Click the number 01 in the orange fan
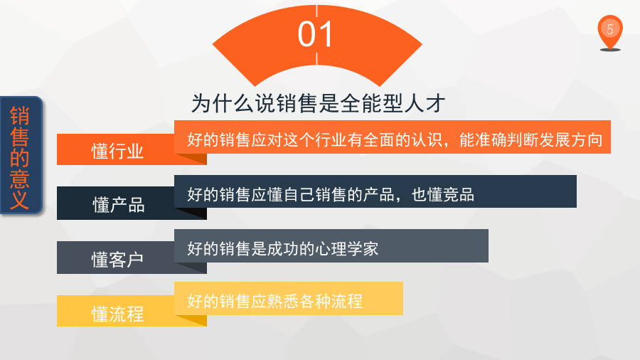pyautogui.click(x=315, y=34)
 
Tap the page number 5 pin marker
pyautogui.click(x=610, y=33)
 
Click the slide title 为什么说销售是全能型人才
pyautogui.click(x=318, y=103)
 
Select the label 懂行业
pyautogui.click(x=117, y=152)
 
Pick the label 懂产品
pyautogui.click(x=118, y=205)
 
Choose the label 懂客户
pyautogui.click(x=117, y=260)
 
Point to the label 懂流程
pyautogui.click(x=117, y=314)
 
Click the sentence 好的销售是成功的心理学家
pyautogui.click(x=283, y=248)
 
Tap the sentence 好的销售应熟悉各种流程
pyautogui.click(x=274, y=301)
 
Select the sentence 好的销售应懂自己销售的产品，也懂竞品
pyautogui.click(x=331, y=194)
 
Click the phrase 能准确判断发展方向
pyautogui.click(x=530, y=139)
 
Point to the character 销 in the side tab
pyautogui.click(x=20, y=116)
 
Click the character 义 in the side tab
pyautogui.click(x=20, y=200)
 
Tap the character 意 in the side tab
pyautogui.click(x=20, y=179)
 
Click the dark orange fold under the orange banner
pyautogui.click(x=191, y=159)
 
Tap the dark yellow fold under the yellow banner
pyautogui.click(x=191, y=320)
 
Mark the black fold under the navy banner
pyautogui.click(x=191, y=213)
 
